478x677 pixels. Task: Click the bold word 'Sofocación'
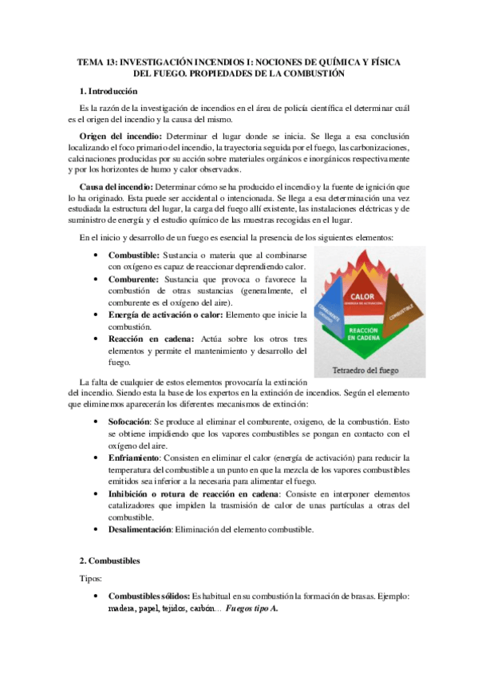tap(133, 420)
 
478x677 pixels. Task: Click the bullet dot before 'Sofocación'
tap(97, 420)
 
